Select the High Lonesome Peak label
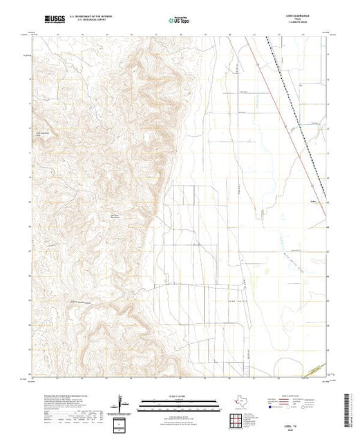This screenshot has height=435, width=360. coord(43,135)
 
